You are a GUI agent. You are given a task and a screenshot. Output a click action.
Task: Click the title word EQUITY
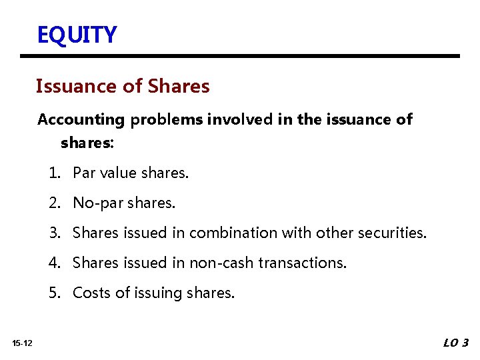[x=77, y=34]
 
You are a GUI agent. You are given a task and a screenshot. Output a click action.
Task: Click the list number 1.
[x=53, y=173]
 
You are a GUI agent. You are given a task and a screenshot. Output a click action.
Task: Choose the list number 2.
[x=53, y=203]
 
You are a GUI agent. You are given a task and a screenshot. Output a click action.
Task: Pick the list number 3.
[x=53, y=233]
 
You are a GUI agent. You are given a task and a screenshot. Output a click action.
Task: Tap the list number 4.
[x=53, y=263]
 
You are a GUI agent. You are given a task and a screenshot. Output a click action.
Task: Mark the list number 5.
[x=53, y=293]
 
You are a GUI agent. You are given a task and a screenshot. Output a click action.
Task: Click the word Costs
[x=91, y=293]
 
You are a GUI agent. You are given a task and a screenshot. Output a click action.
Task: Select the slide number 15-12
[x=22, y=343]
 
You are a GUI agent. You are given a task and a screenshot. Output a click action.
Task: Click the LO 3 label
[x=456, y=343]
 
